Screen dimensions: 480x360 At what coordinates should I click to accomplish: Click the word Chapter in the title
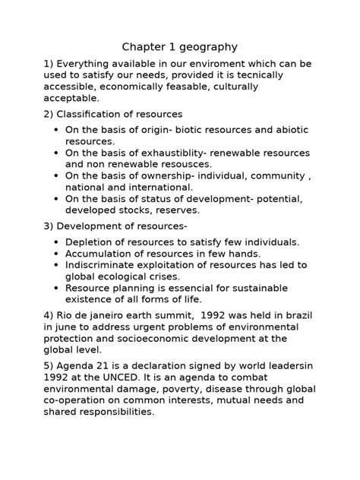pyautogui.click(x=145, y=46)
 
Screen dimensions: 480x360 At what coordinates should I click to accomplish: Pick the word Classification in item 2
pyautogui.click(x=89, y=113)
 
